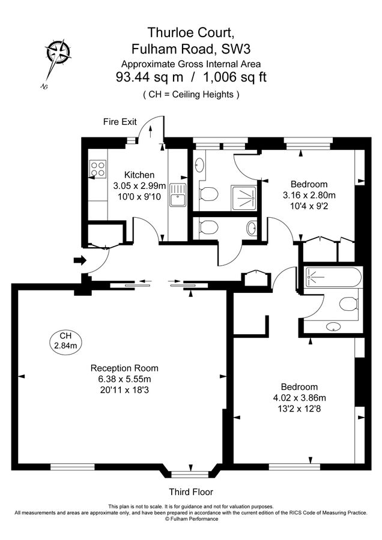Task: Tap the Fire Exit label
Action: coord(120,122)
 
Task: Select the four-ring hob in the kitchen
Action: coord(96,169)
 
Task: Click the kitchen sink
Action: coord(178,195)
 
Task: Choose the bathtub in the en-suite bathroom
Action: coord(332,277)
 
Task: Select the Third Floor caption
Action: coord(190,492)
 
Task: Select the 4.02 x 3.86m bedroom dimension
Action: coord(295,398)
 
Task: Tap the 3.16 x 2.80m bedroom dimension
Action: coord(309,195)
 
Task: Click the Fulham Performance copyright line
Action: coord(191,519)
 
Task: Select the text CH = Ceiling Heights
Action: coord(191,94)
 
